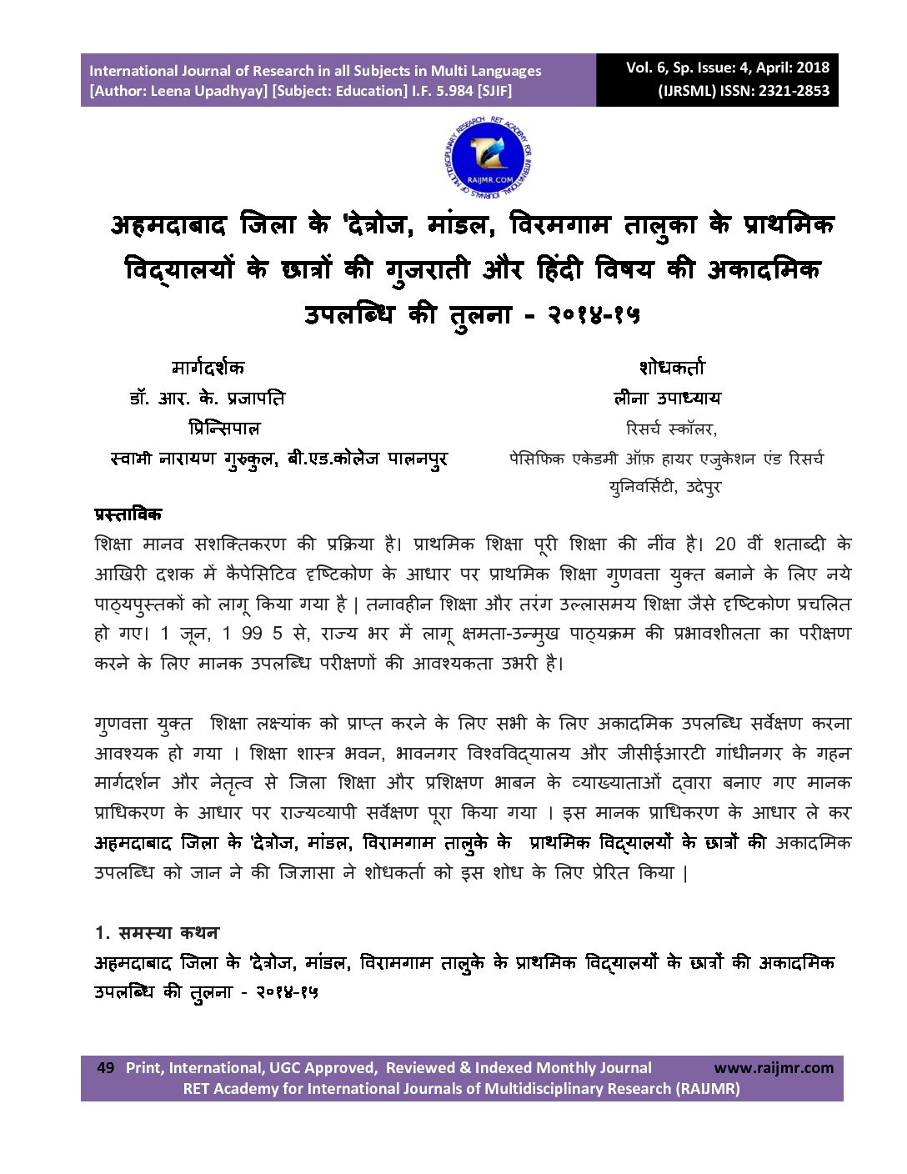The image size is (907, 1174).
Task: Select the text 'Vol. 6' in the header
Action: pos(647,68)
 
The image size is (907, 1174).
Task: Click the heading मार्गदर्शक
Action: pos(208,368)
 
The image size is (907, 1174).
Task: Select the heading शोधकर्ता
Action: pos(672,368)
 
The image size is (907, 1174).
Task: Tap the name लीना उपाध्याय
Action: pos(667,399)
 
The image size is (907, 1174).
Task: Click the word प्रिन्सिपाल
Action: pos(224,429)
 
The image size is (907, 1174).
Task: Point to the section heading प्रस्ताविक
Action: pos(128,514)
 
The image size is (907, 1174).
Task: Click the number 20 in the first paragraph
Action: pos(725,544)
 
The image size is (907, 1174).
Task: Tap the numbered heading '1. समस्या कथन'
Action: pos(157,932)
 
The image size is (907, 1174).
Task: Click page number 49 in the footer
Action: pos(106,1068)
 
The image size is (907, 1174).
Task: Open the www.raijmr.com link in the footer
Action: pos(773,1068)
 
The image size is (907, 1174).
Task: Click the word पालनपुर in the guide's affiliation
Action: pos(417,459)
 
